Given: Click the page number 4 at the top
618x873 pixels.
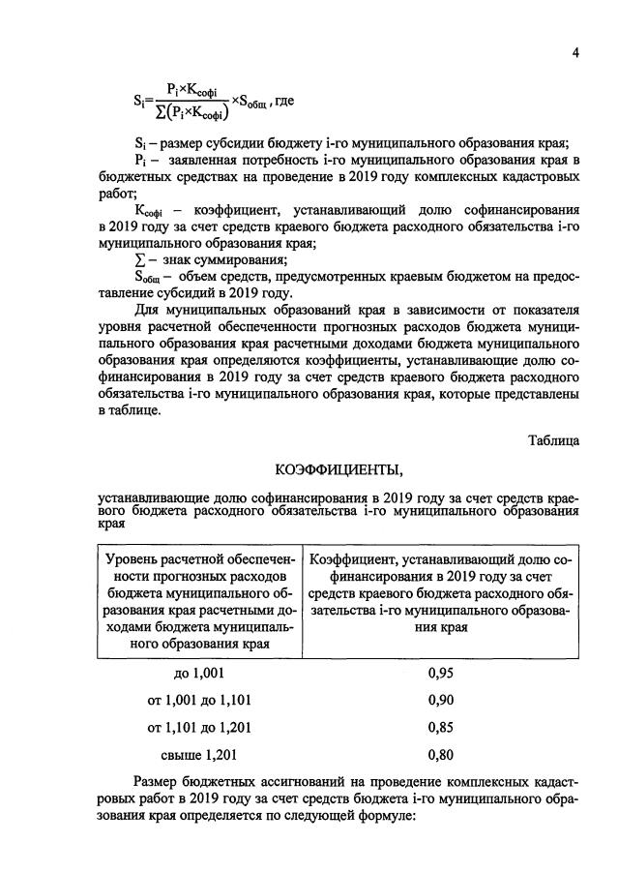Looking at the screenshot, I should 574,54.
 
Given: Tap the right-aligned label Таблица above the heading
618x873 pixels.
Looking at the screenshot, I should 553,439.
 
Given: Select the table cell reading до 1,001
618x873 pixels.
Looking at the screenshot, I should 199,675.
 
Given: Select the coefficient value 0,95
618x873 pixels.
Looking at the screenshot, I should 441,675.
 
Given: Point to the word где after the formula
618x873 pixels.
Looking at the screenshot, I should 285,101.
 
